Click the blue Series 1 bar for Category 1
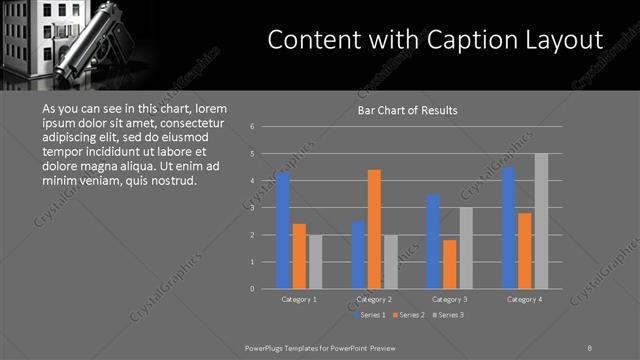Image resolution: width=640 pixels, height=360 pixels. pyautogui.click(x=283, y=231)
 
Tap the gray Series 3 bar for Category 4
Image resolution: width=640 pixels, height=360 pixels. pyautogui.click(x=541, y=221)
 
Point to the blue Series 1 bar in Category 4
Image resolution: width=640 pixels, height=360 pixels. pyautogui.click(x=508, y=228)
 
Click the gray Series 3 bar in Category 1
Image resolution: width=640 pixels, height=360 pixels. pyautogui.click(x=315, y=262)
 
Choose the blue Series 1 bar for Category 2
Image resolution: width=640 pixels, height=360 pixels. pyautogui.click(x=358, y=255)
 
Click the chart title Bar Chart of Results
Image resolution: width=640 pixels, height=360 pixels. pyautogui.click(x=407, y=111)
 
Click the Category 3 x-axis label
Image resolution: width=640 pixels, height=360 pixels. pyautogui.click(x=449, y=299)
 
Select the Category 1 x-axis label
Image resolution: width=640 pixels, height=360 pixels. pyautogui.click(x=299, y=299)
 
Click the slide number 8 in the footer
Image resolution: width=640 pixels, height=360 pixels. pyautogui.click(x=590, y=346)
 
